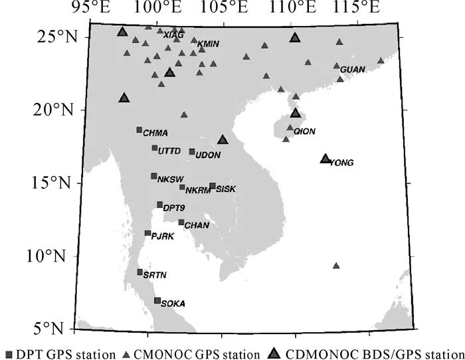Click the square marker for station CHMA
pyautogui.click(x=139, y=130)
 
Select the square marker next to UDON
pyautogui.click(x=192, y=151)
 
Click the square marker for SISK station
pyautogui.click(x=213, y=186)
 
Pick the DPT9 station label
pyautogui.click(x=174, y=208)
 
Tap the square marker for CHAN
pyautogui.click(x=181, y=223)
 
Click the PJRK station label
pyautogui.click(x=163, y=236)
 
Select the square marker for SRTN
pyautogui.click(x=140, y=272)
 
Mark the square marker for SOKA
pyautogui.click(x=157, y=300)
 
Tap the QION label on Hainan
pyautogui.click(x=304, y=132)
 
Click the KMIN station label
pyautogui.click(x=209, y=44)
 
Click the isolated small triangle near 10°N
pyautogui.click(x=336, y=266)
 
